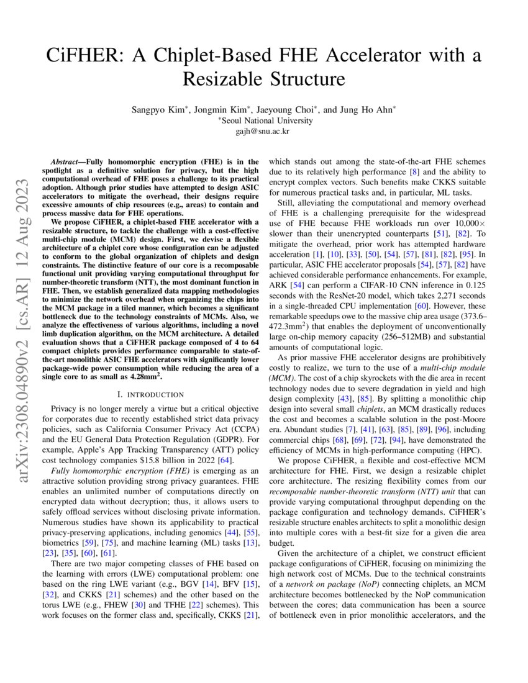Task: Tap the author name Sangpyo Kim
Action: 155,110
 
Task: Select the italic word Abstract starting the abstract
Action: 66,161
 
